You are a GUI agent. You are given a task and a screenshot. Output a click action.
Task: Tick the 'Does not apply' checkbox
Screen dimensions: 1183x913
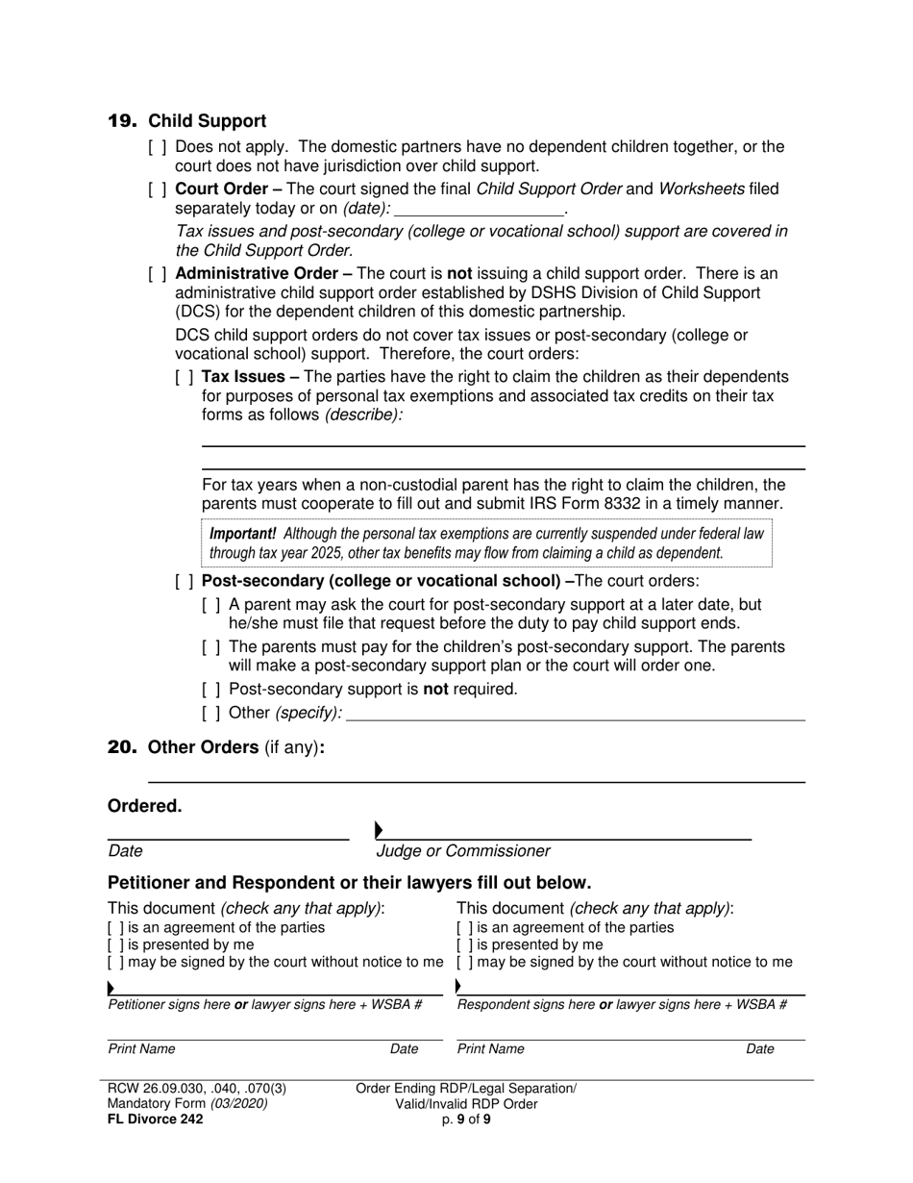pos(158,147)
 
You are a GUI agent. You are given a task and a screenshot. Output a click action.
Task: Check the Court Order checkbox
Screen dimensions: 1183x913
pos(158,189)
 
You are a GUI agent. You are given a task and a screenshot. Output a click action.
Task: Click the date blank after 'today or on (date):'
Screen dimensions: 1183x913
pos(479,209)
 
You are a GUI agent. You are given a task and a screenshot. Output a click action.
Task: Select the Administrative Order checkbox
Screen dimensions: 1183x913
pos(158,274)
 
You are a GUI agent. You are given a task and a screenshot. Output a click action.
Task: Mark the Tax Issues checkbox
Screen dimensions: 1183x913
pos(185,377)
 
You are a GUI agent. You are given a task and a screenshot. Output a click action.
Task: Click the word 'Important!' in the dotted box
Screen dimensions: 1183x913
pos(243,534)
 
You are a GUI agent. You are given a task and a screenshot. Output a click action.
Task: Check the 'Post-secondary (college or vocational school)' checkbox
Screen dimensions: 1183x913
pos(185,582)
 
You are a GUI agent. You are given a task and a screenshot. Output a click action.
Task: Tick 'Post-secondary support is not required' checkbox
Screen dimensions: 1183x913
pos(211,690)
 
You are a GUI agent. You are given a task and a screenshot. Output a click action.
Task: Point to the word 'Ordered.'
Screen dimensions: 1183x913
pos(145,806)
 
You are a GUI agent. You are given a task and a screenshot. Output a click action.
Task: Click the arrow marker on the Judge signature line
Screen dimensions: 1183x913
pos(379,830)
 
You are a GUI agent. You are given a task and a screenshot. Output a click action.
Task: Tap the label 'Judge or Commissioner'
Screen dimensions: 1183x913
pos(463,851)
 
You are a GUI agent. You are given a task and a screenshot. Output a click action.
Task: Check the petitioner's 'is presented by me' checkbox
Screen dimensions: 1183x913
pos(115,945)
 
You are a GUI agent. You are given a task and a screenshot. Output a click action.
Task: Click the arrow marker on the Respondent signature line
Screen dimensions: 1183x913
pos(458,987)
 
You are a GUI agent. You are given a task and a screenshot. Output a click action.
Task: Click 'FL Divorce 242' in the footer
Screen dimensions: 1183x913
pos(155,1119)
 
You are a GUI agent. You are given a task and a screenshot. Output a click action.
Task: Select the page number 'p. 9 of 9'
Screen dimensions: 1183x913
pos(466,1119)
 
